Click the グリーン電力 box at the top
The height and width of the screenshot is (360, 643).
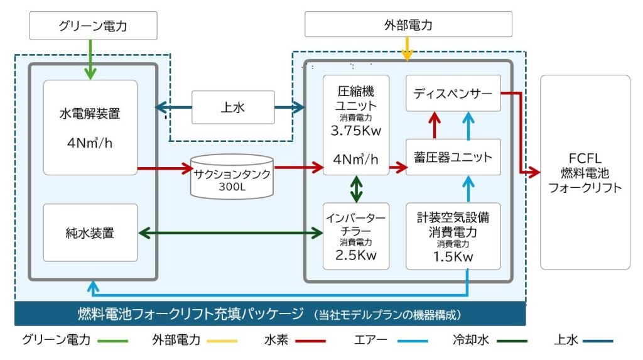tap(93, 26)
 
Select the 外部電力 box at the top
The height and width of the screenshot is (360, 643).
tap(408, 25)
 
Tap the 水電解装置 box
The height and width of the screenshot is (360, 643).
tap(90, 128)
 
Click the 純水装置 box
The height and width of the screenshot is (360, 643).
tap(90, 232)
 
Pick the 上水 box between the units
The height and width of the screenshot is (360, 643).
tap(233, 107)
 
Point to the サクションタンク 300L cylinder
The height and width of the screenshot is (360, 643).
tap(232, 177)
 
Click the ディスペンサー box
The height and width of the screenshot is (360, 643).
tap(453, 93)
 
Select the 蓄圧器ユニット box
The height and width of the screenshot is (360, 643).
tap(453, 157)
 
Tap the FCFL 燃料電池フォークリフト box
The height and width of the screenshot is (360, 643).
tap(585, 172)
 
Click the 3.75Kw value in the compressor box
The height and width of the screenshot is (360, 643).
tap(356, 131)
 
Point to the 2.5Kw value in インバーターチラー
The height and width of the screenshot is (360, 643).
tap(356, 255)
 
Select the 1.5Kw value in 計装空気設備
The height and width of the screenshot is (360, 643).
tap(453, 257)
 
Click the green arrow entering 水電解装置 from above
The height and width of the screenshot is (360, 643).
tap(90, 60)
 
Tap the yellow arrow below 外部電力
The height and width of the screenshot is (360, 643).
tap(407, 49)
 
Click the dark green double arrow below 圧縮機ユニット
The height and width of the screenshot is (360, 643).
tap(356, 189)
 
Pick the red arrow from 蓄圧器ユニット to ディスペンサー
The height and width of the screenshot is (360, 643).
tap(435, 125)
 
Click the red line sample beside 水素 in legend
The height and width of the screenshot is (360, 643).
tap(310, 341)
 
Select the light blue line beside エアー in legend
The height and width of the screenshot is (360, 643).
tap(413, 341)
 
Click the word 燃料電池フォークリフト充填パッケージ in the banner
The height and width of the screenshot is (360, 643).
tap(191, 314)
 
